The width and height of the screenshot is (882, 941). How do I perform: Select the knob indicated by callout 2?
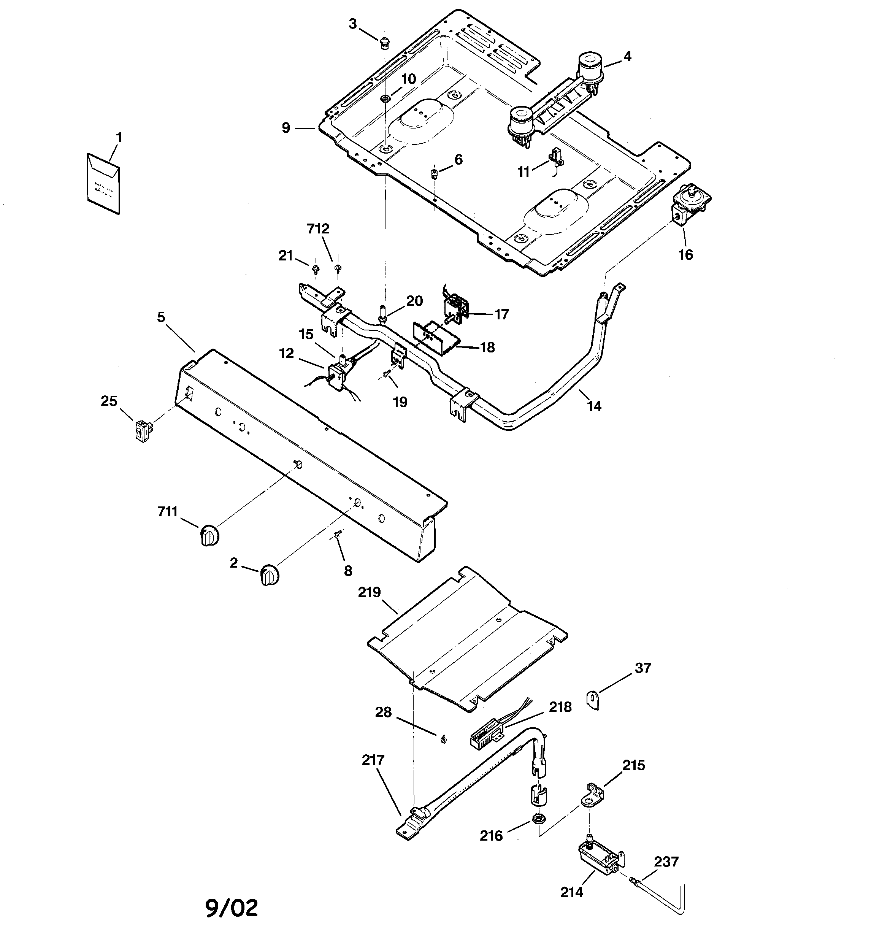click(x=270, y=574)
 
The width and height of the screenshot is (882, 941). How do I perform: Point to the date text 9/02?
click(x=232, y=908)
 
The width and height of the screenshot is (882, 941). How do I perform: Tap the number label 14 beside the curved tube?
click(x=594, y=406)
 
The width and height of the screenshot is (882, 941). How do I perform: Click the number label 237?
click(x=666, y=862)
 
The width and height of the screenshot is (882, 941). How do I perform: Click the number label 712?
click(x=318, y=229)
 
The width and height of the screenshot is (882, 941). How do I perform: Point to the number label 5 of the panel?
click(x=161, y=317)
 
